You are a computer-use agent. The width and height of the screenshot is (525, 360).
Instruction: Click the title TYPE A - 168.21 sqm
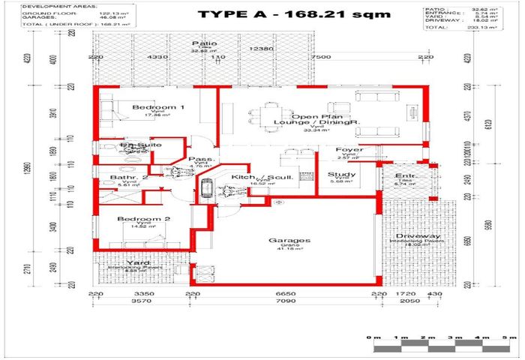(x=293, y=14)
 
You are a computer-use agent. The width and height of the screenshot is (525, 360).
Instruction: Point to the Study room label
(x=342, y=175)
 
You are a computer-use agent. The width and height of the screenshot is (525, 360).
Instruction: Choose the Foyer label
(x=349, y=150)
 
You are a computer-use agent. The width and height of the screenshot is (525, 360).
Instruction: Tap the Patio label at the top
(x=199, y=44)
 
